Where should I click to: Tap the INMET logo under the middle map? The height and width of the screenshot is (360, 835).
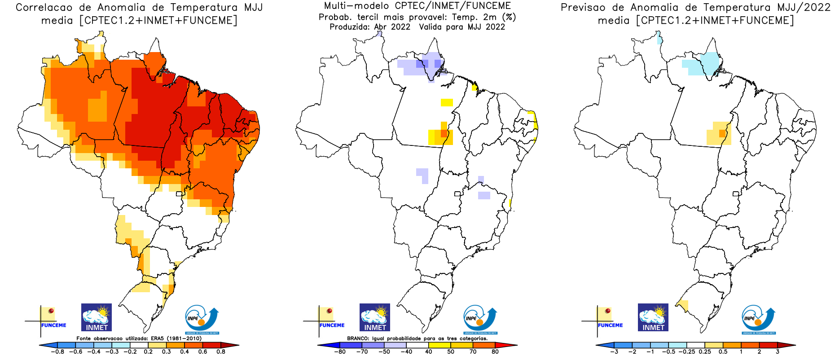pos(375,317)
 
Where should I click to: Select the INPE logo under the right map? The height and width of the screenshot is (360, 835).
pos(758,320)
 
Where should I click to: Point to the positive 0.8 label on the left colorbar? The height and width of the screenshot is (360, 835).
pos(220,352)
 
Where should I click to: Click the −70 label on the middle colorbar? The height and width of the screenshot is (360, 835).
pos(361,352)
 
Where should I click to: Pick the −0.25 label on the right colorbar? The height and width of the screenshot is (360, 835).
pos(686,352)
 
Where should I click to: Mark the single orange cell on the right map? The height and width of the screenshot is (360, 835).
pos(722,133)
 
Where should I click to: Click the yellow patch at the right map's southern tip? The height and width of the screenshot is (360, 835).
pos(683,305)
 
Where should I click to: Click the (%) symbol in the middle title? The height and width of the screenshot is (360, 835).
pos(509,17)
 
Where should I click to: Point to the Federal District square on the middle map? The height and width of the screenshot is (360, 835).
pos(457,194)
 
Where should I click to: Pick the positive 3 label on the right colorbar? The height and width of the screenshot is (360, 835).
pos(778,352)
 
